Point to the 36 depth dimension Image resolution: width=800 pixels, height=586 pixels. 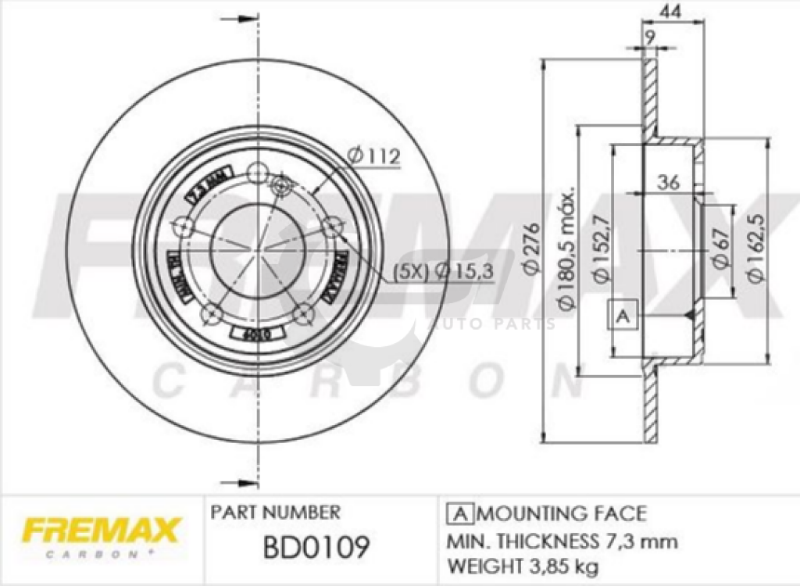(x=668, y=183)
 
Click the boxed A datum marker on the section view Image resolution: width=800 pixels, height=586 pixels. (x=623, y=316)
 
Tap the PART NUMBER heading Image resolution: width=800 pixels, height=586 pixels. (x=275, y=513)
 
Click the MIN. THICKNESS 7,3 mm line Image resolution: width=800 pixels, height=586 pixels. (x=561, y=541)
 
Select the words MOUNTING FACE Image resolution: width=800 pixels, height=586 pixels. (x=561, y=513)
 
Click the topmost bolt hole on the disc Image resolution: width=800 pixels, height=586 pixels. (x=257, y=173)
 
